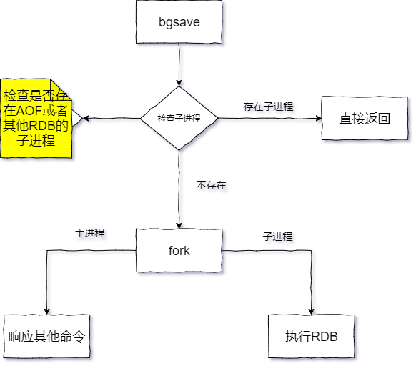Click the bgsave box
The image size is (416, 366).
(179, 21)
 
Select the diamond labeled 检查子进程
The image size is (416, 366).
(179, 119)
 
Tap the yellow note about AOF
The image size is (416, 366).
(36, 118)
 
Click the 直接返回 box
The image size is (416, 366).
(364, 119)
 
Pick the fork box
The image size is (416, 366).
(179, 251)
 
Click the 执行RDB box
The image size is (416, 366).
(312, 336)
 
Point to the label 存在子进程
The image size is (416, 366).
(268, 107)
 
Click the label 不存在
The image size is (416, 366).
(212, 185)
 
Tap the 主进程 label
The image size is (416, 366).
(89, 234)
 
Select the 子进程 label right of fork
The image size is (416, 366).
(277, 236)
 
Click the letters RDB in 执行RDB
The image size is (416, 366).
(324, 336)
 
